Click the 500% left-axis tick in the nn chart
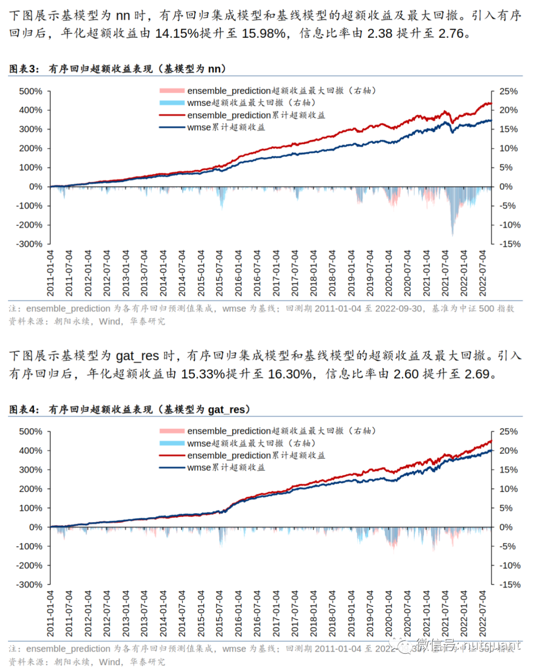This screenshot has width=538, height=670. click(30, 91)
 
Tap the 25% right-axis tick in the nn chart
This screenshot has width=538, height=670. click(508, 91)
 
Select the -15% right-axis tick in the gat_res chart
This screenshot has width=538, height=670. click(510, 584)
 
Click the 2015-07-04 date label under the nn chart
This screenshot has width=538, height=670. click(219, 273)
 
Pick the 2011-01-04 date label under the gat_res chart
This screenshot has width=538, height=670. click(50, 613)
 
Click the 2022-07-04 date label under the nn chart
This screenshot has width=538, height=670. click(482, 273)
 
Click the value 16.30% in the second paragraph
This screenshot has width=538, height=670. click(290, 374)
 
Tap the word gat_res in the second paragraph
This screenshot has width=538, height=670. click(137, 356)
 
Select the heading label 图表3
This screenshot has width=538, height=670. click(23, 69)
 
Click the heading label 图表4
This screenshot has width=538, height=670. click(23, 409)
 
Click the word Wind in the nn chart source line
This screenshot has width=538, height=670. click(110, 322)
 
